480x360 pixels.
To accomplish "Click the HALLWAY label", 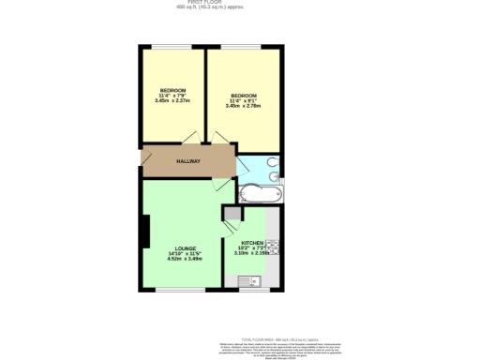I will coord(188,161).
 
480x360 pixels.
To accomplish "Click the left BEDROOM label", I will coord(172,90).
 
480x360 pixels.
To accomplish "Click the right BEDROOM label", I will coord(245,96).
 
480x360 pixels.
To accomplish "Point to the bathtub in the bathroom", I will coord(259,194).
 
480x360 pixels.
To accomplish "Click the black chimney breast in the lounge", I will coord(145,232).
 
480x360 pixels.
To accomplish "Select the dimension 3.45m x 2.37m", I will coord(172,101).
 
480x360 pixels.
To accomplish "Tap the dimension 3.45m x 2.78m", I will coord(245,107).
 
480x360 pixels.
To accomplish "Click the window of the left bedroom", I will coord(173,46).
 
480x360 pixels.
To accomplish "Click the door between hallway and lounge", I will coord(221,184).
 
